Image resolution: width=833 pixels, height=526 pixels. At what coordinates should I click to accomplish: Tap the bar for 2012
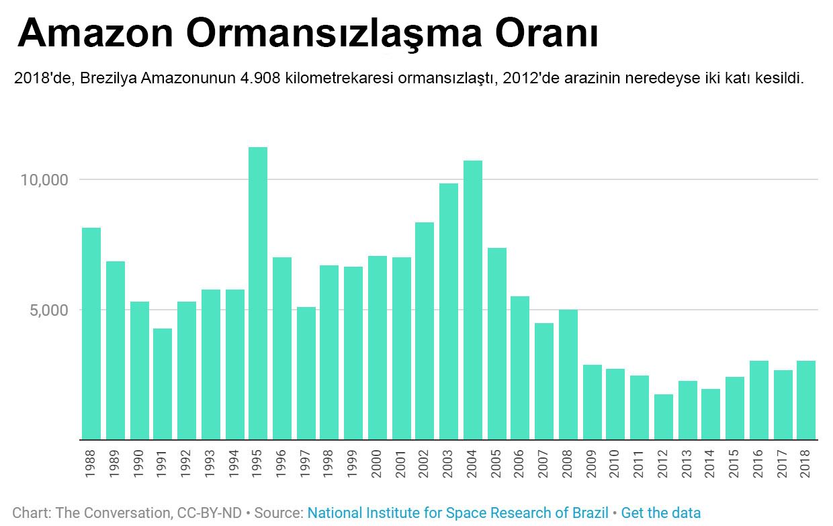(x=664, y=417)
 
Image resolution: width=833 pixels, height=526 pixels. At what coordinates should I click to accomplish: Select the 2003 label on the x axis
(x=449, y=464)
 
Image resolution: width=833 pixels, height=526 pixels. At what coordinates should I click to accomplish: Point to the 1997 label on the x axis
(x=306, y=464)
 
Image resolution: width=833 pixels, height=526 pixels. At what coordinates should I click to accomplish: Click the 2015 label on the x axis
(x=735, y=464)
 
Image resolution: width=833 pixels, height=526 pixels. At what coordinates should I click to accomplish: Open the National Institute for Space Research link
(x=457, y=513)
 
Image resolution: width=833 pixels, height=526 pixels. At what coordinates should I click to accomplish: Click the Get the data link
(x=660, y=513)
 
